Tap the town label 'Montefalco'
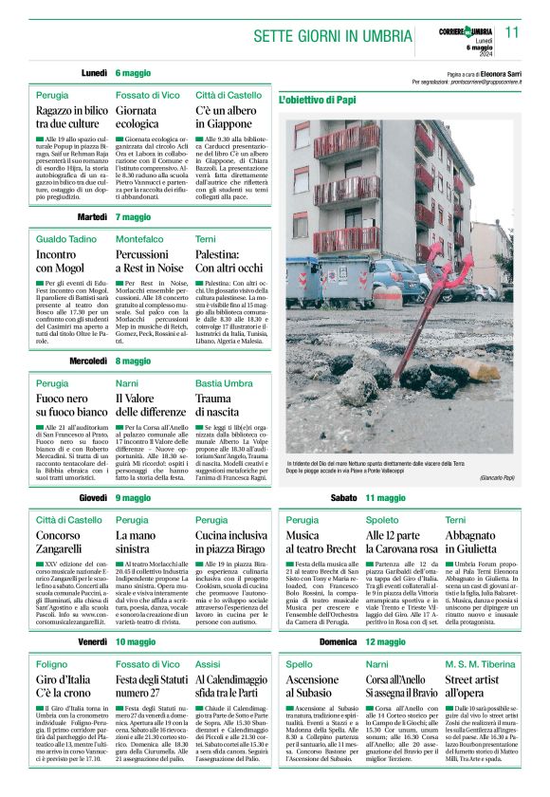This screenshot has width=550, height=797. [x=139, y=238]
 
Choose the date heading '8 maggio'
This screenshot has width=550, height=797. [x=134, y=361]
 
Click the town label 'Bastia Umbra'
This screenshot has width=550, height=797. [x=224, y=382]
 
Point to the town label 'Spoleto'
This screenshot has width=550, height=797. [x=382, y=520]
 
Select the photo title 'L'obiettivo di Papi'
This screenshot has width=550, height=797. [x=318, y=99]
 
